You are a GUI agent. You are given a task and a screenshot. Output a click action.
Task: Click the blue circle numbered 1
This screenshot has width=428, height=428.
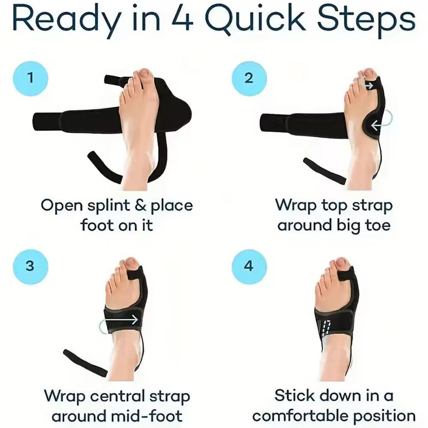pos(31,78)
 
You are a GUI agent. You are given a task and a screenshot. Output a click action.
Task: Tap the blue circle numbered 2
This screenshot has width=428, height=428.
pos(249,78)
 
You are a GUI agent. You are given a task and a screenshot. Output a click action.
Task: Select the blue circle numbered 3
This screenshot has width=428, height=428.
pos(31,267)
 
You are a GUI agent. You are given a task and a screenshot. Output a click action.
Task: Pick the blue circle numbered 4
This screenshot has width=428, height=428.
pos(249,267)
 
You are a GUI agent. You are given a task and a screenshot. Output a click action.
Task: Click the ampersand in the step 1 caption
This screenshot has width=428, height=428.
pos(140,205)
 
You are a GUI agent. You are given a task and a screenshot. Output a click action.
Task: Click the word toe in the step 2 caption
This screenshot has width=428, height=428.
pos(378,226)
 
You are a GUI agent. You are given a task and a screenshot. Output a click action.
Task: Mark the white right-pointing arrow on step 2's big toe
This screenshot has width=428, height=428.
pos(369,86)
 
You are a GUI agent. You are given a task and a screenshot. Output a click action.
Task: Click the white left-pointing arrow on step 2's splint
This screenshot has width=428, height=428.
pos(377,126)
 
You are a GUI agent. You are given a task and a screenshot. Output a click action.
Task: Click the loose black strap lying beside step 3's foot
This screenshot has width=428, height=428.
pos(86,363)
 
